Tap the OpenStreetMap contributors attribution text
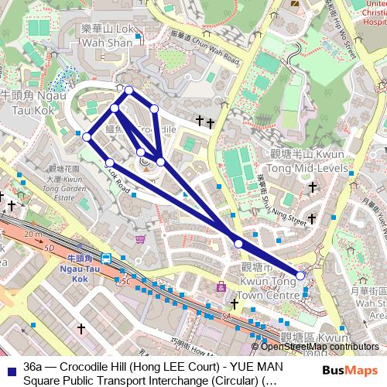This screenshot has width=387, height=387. pos(318,347)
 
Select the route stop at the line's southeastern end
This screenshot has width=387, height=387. pos(300,275)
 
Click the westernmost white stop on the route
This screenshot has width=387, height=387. pos(87,137)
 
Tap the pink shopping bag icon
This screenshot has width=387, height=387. pos(221,288)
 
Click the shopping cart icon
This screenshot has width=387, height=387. pos(139,240)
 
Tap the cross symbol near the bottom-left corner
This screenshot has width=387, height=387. pos(80,329)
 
